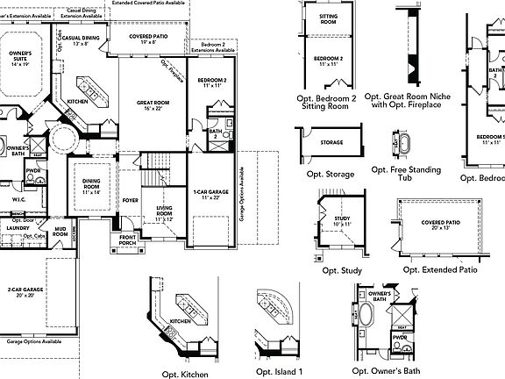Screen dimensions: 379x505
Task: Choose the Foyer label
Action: pos(130,200)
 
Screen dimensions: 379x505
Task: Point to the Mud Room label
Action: pos(60,233)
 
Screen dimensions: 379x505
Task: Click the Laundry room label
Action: pos(18,228)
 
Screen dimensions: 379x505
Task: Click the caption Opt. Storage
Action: pos(326,175)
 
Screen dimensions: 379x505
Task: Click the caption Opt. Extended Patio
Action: pos(440,269)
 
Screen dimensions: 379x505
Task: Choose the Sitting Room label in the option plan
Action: pos(328,20)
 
